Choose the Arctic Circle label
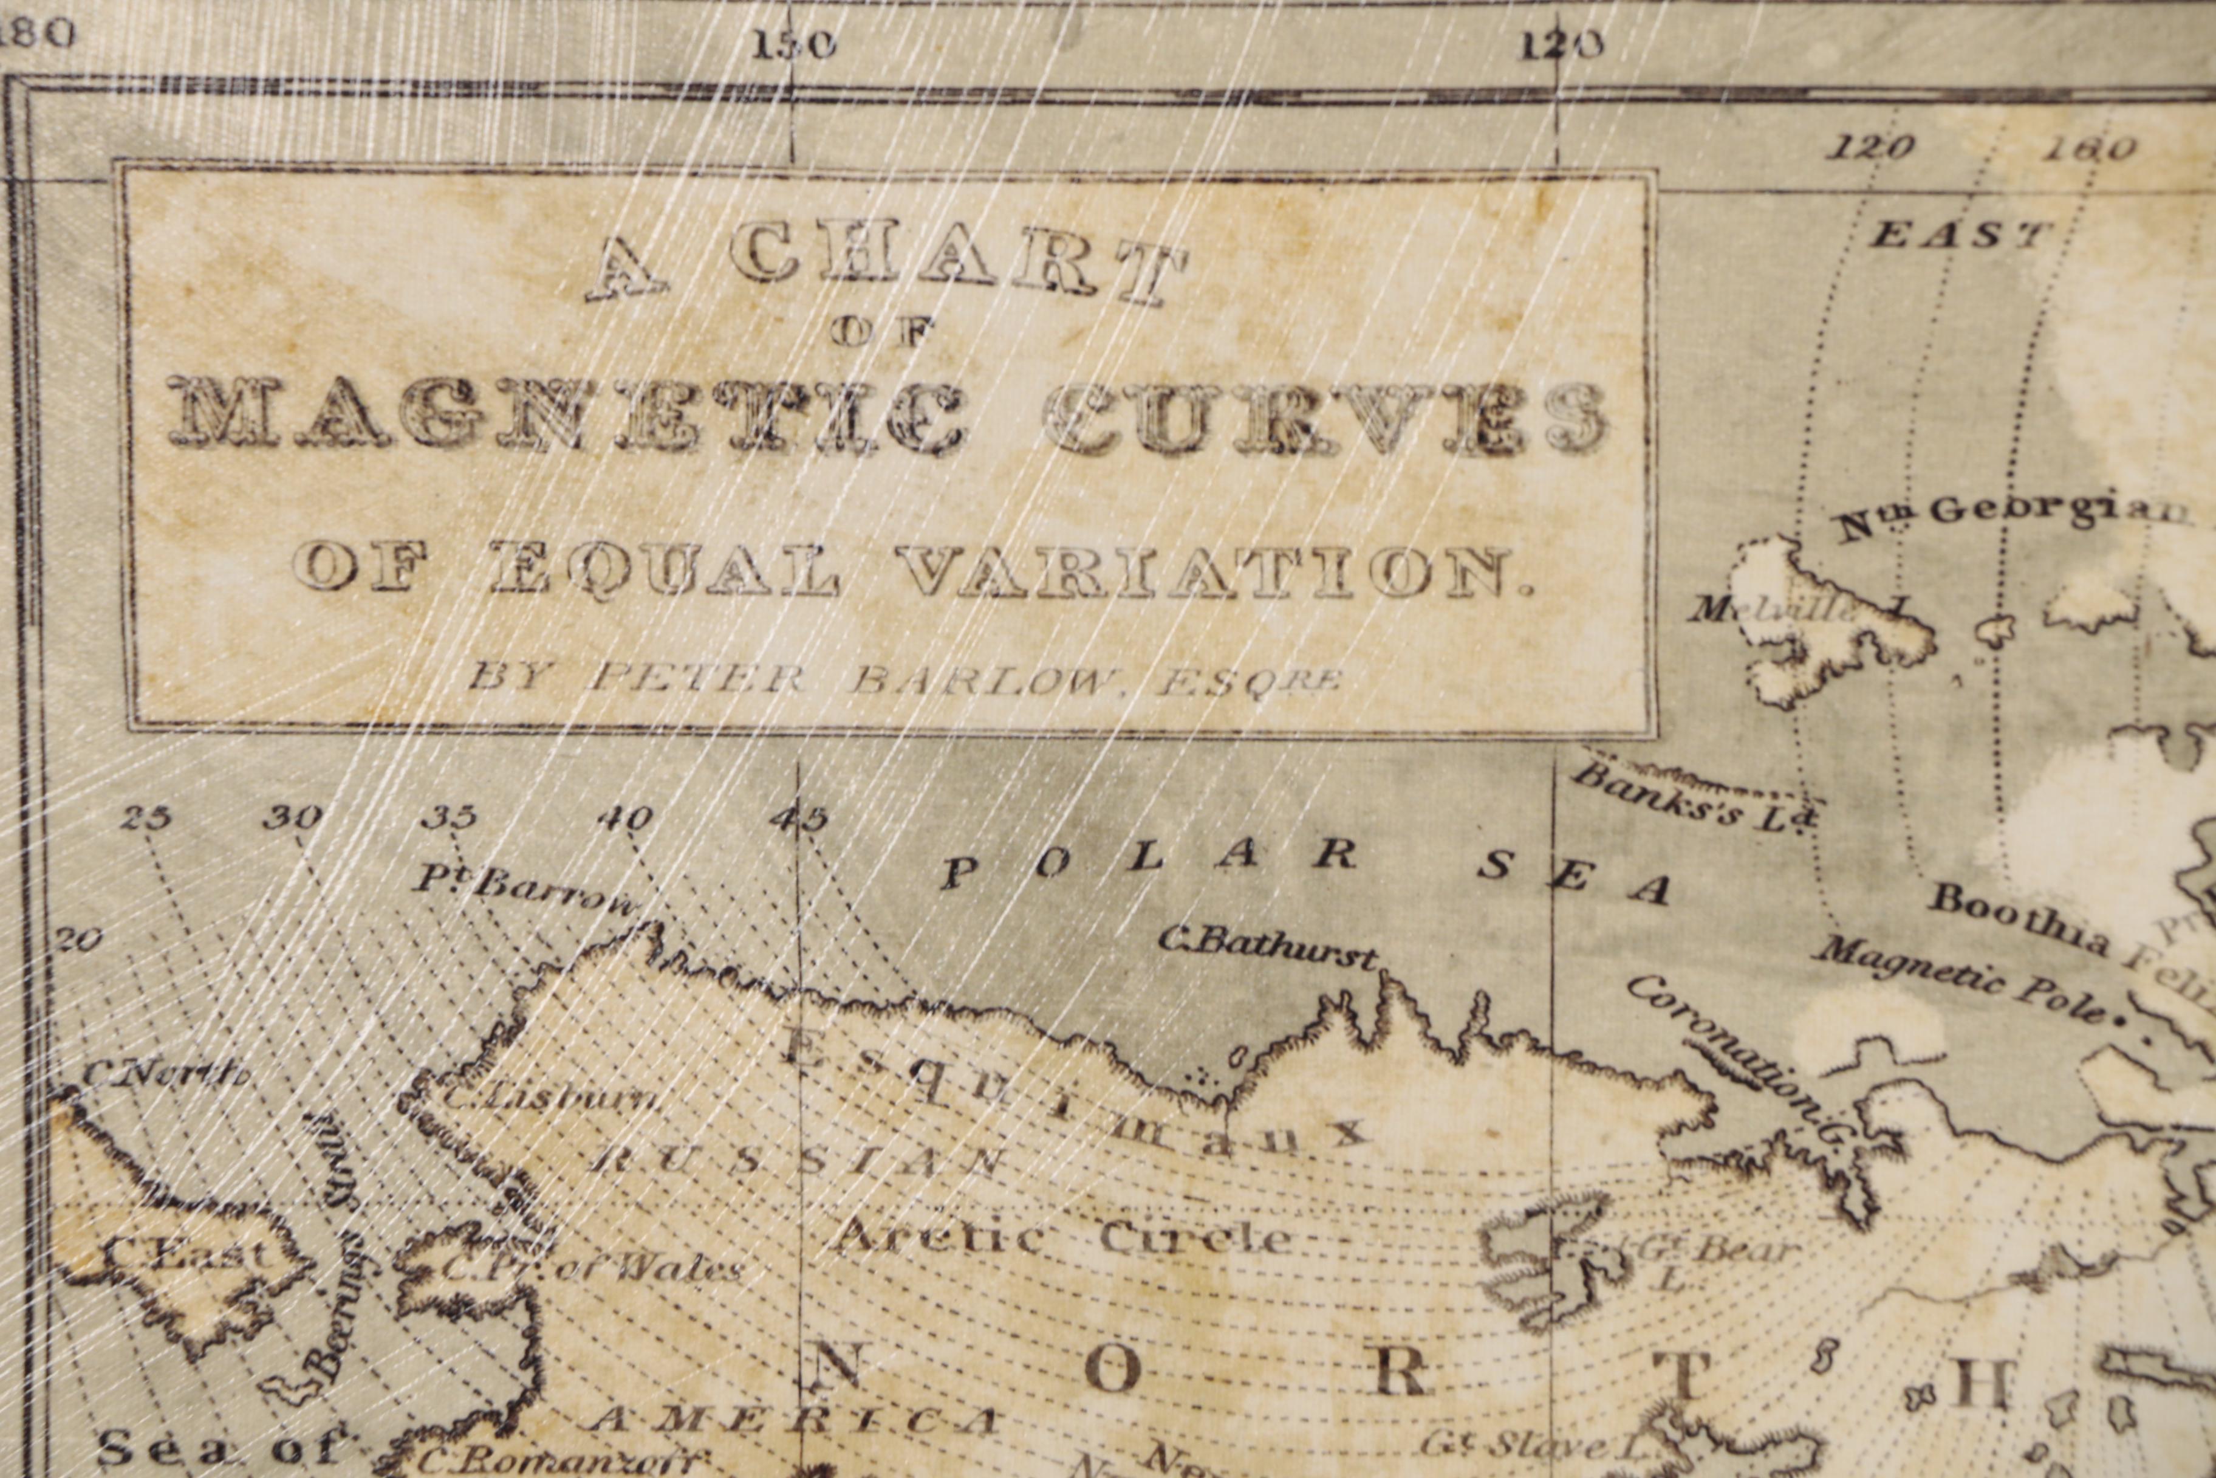(1060, 1235)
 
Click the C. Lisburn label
(551, 1098)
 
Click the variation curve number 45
(798, 818)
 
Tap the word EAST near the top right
(1960, 234)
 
